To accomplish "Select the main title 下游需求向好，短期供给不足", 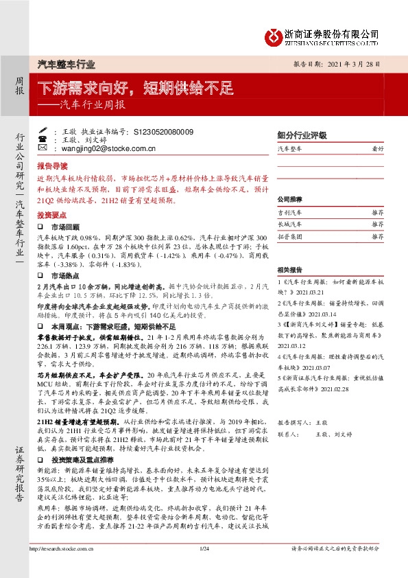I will (x=135, y=88).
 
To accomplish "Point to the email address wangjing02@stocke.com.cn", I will (x=115, y=148).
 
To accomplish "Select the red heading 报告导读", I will (x=52, y=166).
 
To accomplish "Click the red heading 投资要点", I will (x=52, y=215).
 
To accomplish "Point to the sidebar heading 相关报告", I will (x=289, y=270).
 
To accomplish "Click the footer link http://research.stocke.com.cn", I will (x=63, y=568).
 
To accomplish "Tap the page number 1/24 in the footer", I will (x=204, y=568).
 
